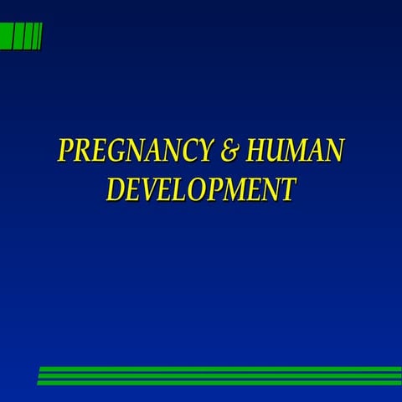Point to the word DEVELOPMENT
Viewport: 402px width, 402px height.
[201, 189]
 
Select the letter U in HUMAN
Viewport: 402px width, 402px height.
[278, 151]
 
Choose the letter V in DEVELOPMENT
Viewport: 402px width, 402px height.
[152, 189]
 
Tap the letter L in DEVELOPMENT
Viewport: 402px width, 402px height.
[185, 189]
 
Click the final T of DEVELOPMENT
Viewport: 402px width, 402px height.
[287, 189]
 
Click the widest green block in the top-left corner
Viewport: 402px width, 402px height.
[6, 37]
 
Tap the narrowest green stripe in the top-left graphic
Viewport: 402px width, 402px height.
[39, 37]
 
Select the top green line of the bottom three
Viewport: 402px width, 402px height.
[219, 368]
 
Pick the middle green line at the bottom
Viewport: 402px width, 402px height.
[219, 376]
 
